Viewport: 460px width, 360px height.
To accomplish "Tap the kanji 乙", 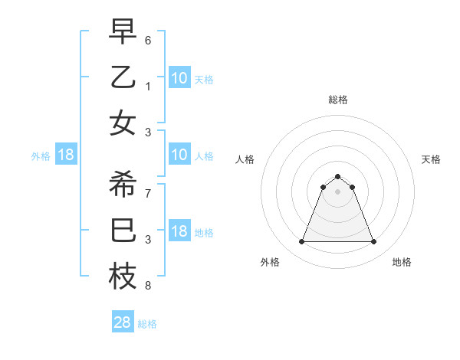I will click(x=123, y=77).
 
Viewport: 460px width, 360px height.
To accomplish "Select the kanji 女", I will click(x=123, y=123).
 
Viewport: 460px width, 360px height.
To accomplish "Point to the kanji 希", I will click(x=123, y=184).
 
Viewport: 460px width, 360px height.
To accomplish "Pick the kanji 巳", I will click(x=123, y=231).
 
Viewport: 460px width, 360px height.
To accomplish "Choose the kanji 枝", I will click(x=123, y=277).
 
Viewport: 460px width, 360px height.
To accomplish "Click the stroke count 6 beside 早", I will click(x=148, y=39).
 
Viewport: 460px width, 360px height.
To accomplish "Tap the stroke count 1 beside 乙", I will click(x=148, y=85).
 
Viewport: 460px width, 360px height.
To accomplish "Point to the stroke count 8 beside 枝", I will click(x=148, y=286).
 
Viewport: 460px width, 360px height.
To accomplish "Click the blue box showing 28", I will click(x=123, y=322).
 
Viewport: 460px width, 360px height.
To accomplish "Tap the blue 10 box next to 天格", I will click(x=179, y=77).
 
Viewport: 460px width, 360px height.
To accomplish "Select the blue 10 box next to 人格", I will click(x=179, y=155).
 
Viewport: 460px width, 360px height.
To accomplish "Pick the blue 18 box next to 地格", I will click(x=179, y=232).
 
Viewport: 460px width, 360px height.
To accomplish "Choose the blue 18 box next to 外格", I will click(x=66, y=155).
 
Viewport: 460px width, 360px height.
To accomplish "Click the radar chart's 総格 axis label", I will click(x=337, y=100).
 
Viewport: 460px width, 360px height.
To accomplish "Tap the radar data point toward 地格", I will click(x=373, y=242).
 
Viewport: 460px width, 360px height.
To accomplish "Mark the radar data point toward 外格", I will click(x=301, y=242).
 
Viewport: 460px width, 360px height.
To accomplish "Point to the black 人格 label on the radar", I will click(x=245, y=159).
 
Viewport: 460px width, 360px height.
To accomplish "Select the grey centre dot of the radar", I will click(x=337, y=191).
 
